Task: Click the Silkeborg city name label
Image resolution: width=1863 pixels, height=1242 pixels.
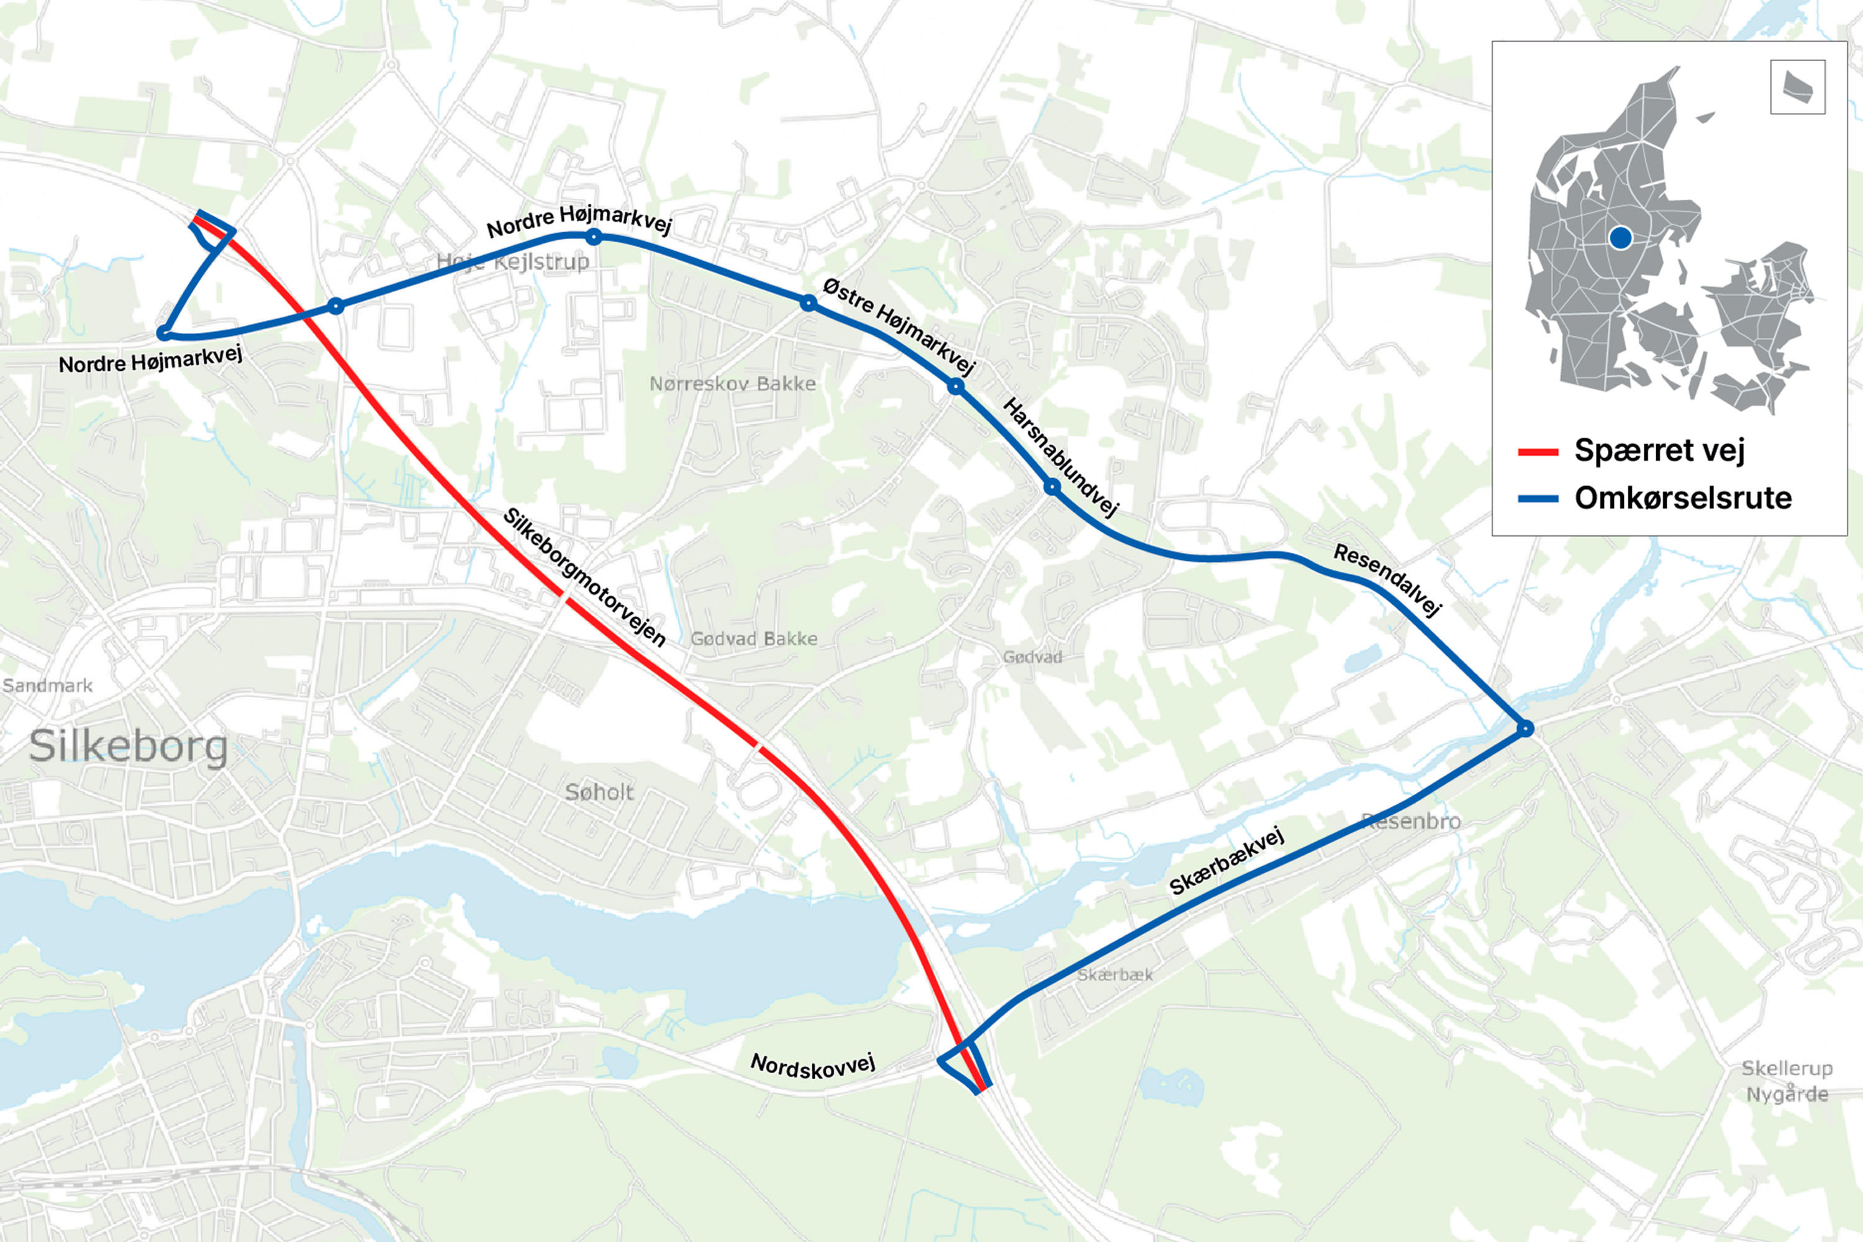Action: coord(129,746)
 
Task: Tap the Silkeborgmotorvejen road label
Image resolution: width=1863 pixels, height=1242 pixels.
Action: coord(584,578)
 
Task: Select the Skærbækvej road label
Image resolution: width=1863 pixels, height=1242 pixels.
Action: coord(1226,861)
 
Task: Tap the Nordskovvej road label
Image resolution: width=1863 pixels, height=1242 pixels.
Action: coord(813,1066)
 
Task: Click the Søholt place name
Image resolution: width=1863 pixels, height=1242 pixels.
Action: coord(599,792)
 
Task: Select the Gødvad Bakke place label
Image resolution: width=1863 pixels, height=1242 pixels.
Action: coord(753,639)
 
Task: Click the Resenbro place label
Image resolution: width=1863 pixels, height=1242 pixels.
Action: coord(1411,822)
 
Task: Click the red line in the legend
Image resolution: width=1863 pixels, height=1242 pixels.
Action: coord(1538,452)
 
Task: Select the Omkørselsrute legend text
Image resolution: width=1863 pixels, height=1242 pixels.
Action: coord(1682,498)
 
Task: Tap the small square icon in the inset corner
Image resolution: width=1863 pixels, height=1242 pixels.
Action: coord(1797,87)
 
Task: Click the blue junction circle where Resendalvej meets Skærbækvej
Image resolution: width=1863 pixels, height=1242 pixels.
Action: coord(1525,728)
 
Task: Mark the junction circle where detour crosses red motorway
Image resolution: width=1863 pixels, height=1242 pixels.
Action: coord(336,306)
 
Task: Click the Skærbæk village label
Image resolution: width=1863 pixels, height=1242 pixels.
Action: coord(1115,975)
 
